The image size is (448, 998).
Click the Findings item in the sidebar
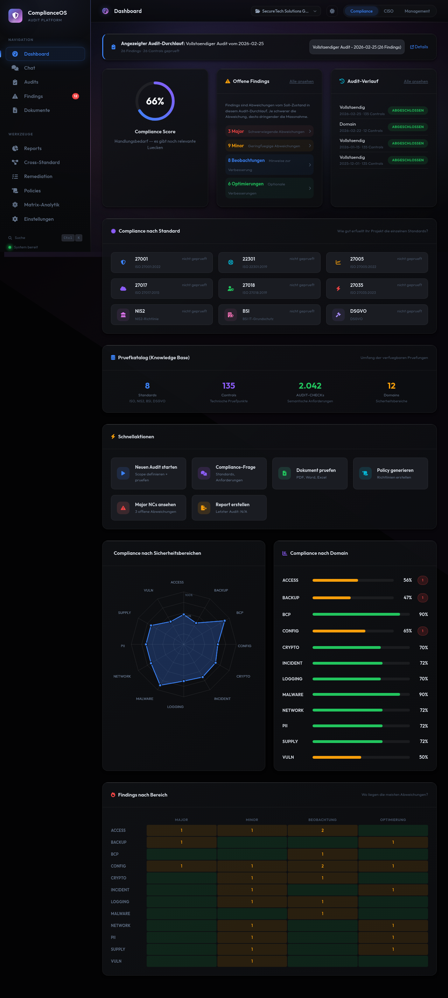coord(33,96)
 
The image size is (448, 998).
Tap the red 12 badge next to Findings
coord(76,96)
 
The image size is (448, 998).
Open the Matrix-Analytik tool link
coord(41,205)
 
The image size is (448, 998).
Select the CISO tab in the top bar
coord(388,11)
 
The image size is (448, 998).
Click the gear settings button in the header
coord(332,11)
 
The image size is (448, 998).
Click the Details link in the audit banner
coord(419,47)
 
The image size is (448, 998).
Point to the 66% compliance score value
coord(155,101)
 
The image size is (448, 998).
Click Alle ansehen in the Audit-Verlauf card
coord(415,82)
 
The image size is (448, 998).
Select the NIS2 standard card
coord(162,314)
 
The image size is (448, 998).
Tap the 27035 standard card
coord(377,288)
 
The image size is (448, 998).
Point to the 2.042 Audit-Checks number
coord(310,385)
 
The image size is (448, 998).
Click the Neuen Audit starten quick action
coord(148,473)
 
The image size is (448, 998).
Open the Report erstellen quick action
coord(229,508)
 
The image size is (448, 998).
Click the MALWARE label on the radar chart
coord(145,699)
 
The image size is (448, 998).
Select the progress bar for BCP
coord(361,614)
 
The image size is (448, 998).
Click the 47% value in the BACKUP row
coord(407,597)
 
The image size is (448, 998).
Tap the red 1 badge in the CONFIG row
coord(422,631)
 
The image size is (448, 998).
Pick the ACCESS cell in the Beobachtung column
coord(322,830)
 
